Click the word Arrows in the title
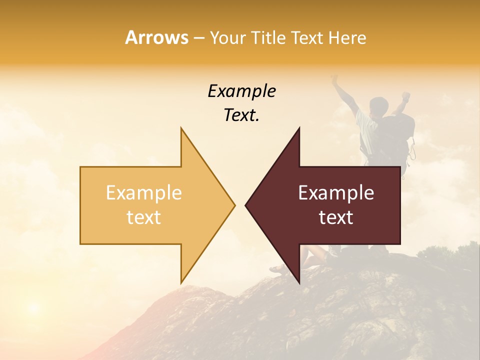(156, 37)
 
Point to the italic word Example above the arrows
(241, 91)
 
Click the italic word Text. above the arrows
(241, 115)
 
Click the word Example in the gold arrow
(144, 193)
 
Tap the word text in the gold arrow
(144, 217)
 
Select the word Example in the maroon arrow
(336, 193)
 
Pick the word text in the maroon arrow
(336, 217)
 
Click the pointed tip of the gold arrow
(234, 205)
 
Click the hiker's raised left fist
(334, 79)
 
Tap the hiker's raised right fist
(406, 95)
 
